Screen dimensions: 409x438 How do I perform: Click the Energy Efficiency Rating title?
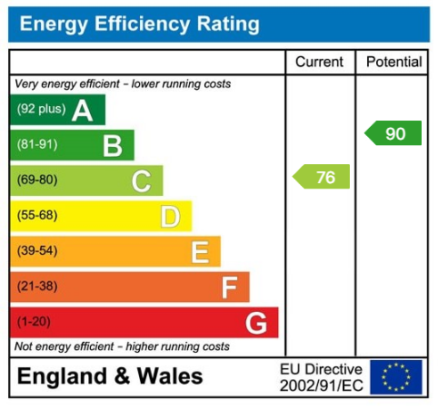click(x=139, y=24)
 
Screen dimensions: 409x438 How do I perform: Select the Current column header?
click(x=320, y=62)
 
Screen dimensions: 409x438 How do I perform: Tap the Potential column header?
click(x=393, y=62)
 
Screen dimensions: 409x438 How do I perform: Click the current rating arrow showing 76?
click(x=322, y=177)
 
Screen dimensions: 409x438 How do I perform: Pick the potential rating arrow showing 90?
click(x=393, y=133)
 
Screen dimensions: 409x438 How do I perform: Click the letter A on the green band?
click(x=82, y=111)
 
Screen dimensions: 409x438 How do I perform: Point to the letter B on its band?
click(x=112, y=145)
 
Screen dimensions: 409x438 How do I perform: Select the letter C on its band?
click(x=141, y=180)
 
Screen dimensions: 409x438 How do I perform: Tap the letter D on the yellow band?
click(x=170, y=216)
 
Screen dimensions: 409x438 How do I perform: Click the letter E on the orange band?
click(x=200, y=251)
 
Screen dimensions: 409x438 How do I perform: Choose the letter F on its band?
click(x=229, y=287)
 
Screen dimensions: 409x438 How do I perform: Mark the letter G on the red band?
click(x=256, y=323)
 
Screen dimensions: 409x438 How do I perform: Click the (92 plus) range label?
click(x=41, y=111)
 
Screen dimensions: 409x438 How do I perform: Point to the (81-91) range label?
click(x=37, y=145)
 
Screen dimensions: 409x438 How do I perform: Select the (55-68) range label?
click(x=37, y=216)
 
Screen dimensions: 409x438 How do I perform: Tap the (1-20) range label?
click(x=35, y=323)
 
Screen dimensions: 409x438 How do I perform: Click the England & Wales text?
click(x=110, y=376)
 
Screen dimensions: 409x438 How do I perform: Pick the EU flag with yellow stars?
click(x=396, y=376)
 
